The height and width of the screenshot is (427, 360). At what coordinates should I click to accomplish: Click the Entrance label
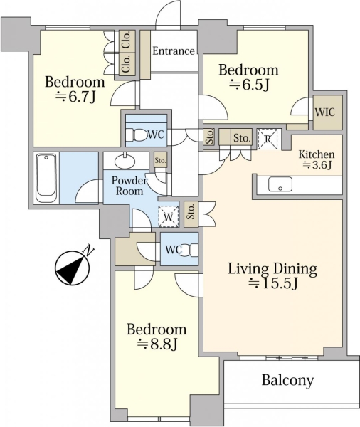pyautogui.click(x=174, y=51)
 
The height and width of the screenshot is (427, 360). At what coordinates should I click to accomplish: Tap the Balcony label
pyautogui.click(x=287, y=380)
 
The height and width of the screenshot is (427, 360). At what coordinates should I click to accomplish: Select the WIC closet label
pyautogui.click(x=324, y=112)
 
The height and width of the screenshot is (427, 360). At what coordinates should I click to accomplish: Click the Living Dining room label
pyautogui.click(x=272, y=268)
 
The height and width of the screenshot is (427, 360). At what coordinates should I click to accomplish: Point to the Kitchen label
pyautogui.click(x=317, y=154)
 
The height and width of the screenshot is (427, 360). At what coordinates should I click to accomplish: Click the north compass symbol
pyautogui.click(x=73, y=267)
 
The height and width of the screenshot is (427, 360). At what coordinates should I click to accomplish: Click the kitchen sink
pyautogui.click(x=280, y=184)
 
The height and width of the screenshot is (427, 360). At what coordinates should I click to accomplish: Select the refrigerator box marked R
pyautogui.click(x=268, y=139)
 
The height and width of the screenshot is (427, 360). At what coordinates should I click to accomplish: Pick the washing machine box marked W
pyautogui.click(x=169, y=217)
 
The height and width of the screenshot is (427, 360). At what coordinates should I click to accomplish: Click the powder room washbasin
pyautogui.click(x=125, y=162)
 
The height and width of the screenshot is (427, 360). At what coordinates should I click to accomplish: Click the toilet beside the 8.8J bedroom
pyautogui.click(x=189, y=250)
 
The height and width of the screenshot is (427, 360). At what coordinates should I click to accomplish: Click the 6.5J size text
pyautogui.click(x=249, y=85)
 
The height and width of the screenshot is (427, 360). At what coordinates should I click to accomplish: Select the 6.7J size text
pyautogui.click(x=75, y=97)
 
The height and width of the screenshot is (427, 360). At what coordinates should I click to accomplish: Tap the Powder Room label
pyautogui.click(x=129, y=186)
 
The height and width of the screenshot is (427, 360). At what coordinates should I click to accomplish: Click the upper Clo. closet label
pyautogui.click(x=127, y=40)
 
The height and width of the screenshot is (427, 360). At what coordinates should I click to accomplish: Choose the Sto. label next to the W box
pyautogui.click(x=191, y=211)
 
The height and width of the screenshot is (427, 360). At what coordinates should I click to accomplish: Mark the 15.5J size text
pyautogui.click(x=273, y=284)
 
